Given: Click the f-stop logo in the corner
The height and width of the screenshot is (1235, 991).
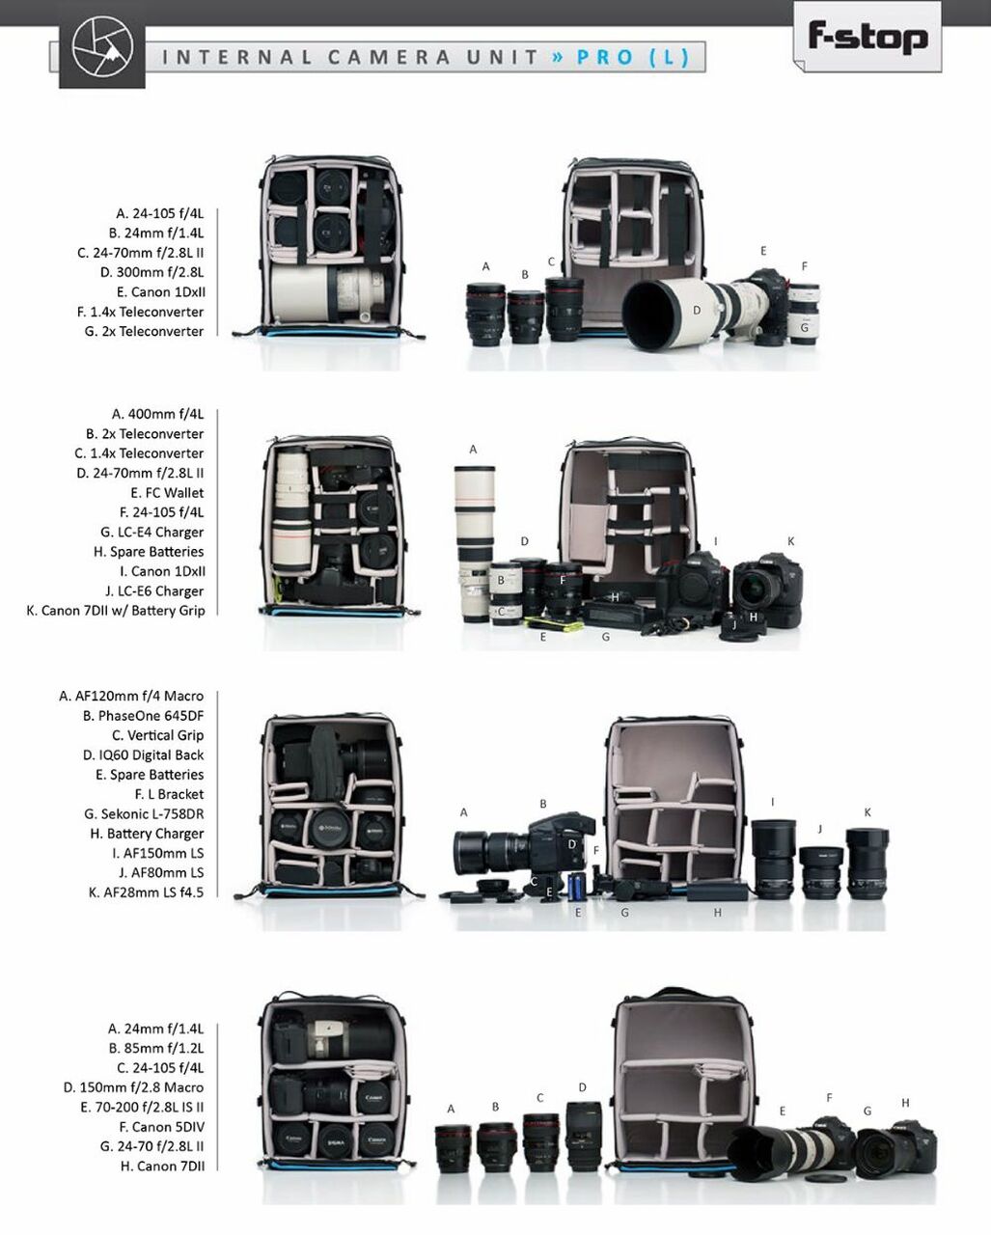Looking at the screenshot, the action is [x=867, y=37].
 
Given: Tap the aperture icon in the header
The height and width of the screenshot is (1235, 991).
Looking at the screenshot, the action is [x=102, y=46].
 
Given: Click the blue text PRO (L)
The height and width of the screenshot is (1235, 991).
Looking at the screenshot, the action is [x=633, y=57].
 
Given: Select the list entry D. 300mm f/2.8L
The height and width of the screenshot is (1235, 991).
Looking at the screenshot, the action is [x=151, y=272].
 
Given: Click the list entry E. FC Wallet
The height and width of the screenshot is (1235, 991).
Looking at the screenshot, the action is [x=167, y=492].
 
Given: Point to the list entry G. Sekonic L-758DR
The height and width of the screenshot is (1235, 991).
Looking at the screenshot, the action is [x=144, y=813].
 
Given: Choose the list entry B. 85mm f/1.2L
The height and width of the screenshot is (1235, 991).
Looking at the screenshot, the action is [x=155, y=1048].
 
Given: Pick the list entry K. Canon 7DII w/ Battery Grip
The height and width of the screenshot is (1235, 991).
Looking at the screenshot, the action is [x=115, y=610].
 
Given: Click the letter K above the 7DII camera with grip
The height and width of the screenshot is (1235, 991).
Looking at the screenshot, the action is [x=790, y=541].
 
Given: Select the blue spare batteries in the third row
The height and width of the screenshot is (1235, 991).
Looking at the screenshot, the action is [x=576, y=886].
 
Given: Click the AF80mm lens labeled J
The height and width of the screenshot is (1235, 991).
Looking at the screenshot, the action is [x=821, y=872].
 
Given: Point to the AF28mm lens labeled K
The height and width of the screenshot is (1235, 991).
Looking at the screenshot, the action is [x=867, y=864].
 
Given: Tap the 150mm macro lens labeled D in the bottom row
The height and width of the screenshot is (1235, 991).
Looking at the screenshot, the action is [x=584, y=1137].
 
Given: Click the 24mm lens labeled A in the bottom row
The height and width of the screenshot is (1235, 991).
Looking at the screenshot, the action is [x=453, y=1149].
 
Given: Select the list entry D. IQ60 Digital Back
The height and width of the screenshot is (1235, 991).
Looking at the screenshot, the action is [x=143, y=755].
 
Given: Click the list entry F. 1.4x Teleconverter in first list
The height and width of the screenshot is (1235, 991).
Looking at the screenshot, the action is [x=140, y=312].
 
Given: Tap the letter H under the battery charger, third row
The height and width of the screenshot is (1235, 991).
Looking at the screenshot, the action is [x=717, y=913].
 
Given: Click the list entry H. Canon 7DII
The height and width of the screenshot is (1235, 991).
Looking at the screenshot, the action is [x=162, y=1166].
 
